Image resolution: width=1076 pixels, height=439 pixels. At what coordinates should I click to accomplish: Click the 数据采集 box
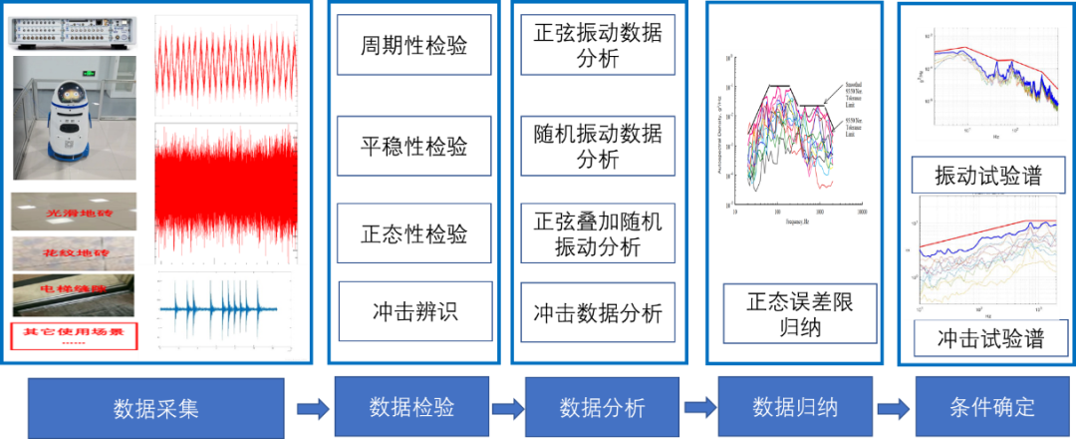pos(156,407)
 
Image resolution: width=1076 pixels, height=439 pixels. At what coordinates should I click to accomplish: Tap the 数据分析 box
pos(602,406)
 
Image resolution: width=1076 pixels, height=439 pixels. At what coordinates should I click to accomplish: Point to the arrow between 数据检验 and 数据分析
pos(507,407)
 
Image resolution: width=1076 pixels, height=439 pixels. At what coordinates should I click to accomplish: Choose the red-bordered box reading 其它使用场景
pos(73,335)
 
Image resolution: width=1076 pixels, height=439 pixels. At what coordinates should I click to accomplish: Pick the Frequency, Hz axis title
pos(796,220)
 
